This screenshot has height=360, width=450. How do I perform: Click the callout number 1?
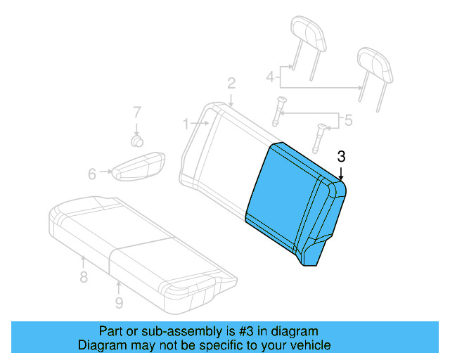pos(186,124)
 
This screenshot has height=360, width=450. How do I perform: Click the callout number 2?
pos(231,84)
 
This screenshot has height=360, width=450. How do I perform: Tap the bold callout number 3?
pos(341,156)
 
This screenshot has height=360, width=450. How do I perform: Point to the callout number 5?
pos(347,120)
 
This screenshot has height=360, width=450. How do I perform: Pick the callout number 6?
pos(92,173)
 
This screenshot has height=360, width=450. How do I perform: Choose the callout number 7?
pos(137,111)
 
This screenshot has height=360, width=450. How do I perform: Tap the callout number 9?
pos(119,302)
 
